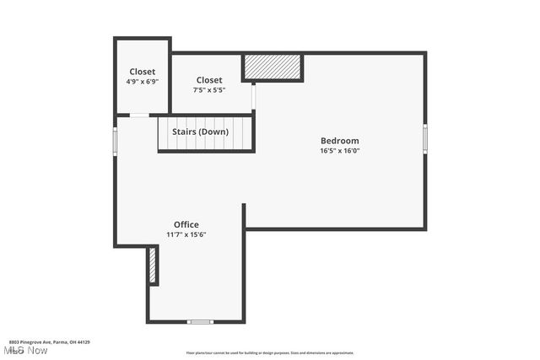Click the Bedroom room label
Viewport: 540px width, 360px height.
pos(339,141)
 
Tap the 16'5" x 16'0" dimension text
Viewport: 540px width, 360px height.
pos(339,151)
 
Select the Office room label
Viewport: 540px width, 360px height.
pos(186,224)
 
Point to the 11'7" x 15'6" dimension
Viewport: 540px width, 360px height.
pos(186,234)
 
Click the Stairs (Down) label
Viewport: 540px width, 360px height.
pos(200,132)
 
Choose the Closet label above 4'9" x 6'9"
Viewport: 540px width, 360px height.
pos(142,72)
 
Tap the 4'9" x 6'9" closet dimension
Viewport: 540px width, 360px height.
pos(142,82)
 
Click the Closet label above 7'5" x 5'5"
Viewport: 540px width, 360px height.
pos(209,80)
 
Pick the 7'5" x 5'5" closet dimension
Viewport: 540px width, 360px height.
pos(209,89)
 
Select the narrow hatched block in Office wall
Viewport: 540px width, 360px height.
pos(153,266)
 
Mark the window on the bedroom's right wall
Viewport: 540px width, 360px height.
pos(425,139)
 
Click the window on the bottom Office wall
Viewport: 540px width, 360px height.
pos(200,321)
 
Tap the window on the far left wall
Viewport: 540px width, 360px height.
pos(116,140)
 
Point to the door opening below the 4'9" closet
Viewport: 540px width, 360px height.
pos(139,115)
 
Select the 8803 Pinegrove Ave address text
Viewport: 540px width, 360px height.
pos(46,342)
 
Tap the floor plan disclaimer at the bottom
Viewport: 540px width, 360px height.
pos(270,353)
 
